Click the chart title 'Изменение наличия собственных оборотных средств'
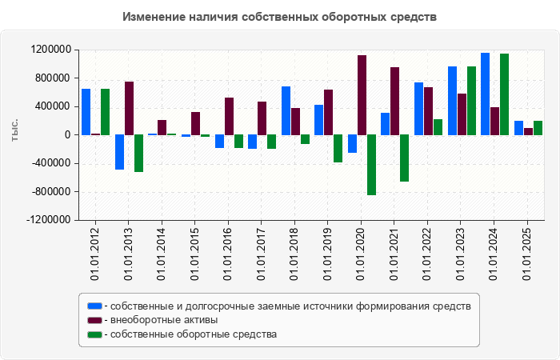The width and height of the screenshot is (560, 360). pyautogui.click(x=280, y=17)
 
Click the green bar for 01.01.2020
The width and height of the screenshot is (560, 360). pyautogui.click(x=371, y=165)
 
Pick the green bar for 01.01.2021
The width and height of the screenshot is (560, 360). pyautogui.click(x=405, y=158)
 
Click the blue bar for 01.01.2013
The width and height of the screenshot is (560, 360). pyautogui.click(x=119, y=152)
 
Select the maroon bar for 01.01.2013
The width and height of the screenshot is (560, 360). pyautogui.click(x=129, y=108)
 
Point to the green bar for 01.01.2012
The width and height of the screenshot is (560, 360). pyautogui.click(x=105, y=111)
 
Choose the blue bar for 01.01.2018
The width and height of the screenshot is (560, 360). pyautogui.click(x=286, y=110)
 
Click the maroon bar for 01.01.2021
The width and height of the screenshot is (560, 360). pyautogui.click(x=395, y=101)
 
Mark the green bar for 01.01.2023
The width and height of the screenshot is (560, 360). pyautogui.click(x=471, y=100)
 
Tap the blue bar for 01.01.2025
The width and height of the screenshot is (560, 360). pyautogui.click(x=518, y=128)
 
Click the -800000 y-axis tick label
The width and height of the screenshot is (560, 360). pyautogui.click(x=51, y=192)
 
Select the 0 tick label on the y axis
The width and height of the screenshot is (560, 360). pyautogui.click(x=67, y=135)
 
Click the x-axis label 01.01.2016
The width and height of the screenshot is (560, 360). pyautogui.click(x=228, y=252)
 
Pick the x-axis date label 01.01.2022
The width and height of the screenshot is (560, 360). pyautogui.click(x=428, y=252)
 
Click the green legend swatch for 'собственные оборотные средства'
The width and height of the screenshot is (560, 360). pyautogui.click(x=95, y=334)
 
